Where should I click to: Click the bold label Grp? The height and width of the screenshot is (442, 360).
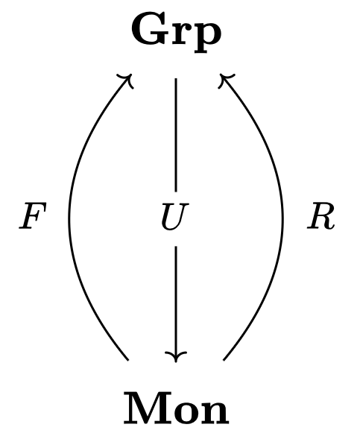tap(176, 34)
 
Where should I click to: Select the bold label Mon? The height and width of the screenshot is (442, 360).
tap(176, 408)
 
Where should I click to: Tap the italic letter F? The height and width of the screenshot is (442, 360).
tap(33, 215)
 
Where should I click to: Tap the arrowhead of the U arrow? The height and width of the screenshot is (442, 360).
tap(176, 357)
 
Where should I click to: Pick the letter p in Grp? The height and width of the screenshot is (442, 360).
tap(207, 39)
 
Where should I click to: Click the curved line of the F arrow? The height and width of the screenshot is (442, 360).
tap(69, 217)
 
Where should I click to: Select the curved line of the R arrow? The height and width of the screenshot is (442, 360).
tap(282, 217)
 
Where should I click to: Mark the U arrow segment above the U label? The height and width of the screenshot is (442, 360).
tap(176, 135)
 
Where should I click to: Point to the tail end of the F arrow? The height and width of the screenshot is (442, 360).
tap(128, 360)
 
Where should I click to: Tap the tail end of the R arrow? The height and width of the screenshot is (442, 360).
tap(224, 360)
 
